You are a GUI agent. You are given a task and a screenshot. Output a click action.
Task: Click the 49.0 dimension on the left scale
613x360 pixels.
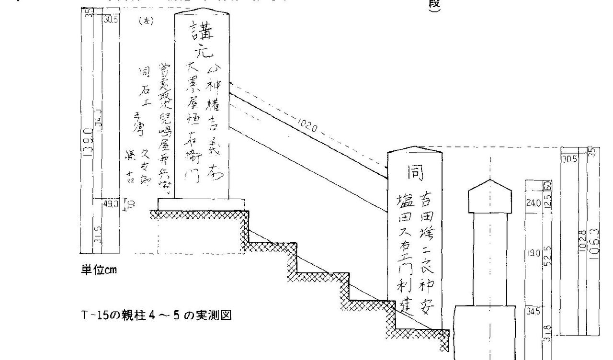110,203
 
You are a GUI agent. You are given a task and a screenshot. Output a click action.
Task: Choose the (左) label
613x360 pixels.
145,22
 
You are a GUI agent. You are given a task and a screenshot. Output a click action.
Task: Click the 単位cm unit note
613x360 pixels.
98,270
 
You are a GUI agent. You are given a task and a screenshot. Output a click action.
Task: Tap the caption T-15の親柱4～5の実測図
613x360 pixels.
156,316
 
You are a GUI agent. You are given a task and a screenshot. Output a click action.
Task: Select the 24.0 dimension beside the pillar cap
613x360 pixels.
533,202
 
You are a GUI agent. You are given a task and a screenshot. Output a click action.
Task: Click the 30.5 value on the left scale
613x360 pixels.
111,20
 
